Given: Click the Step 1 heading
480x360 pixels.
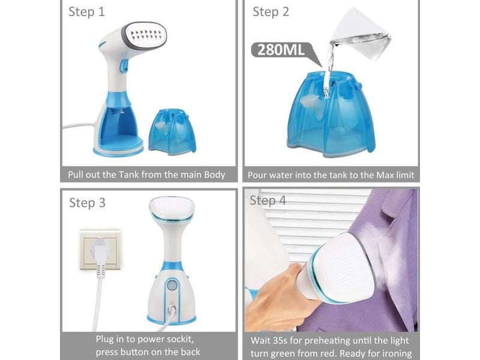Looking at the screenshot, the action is pos(86,12).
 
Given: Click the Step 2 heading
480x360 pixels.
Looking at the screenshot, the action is pos(271,12).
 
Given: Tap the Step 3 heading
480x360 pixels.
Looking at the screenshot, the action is pos(87,203).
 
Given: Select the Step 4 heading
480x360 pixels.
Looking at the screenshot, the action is pos(268,201).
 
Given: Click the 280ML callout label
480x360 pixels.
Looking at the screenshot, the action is pos(281,50).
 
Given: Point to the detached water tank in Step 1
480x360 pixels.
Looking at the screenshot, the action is pos(172,131).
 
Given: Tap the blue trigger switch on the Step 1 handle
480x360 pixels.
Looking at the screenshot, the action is pos(124,65).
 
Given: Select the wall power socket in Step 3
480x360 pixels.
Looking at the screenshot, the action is pos(100,249).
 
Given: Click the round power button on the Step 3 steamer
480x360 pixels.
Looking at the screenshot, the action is pos(172,286).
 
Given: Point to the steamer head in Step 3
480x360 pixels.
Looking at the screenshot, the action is pos(172,209).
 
